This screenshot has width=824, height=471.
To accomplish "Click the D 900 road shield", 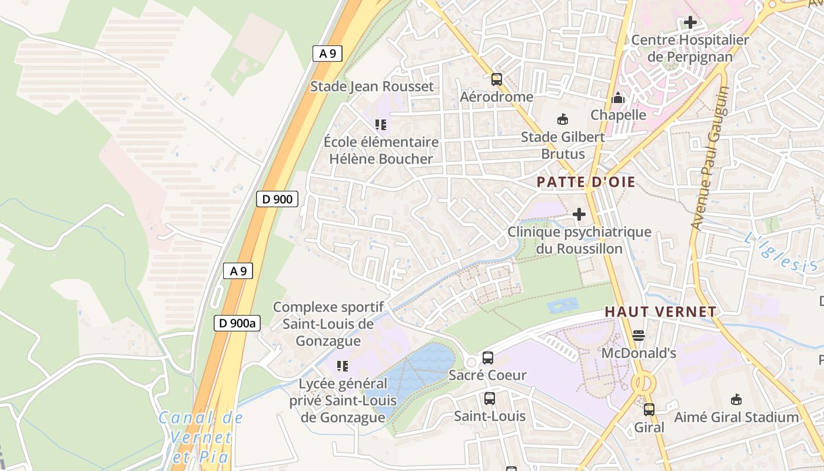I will [277, 199].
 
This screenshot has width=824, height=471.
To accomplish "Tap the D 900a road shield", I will [237, 323].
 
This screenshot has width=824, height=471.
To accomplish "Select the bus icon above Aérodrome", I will [497, 79].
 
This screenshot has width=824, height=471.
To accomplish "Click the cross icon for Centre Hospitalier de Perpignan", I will [690, 23].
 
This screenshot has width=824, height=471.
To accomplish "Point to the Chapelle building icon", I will [618, 98].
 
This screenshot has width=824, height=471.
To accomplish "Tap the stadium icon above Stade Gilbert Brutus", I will [563, 120].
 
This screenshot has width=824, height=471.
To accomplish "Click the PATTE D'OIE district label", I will [586, 182].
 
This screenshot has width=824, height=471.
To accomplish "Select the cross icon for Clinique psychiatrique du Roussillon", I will [579, 214].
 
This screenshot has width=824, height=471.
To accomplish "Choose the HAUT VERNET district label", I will [660, 312].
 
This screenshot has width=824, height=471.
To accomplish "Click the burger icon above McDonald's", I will [639, 336].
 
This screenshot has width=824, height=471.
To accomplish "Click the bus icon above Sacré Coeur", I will [487, 357].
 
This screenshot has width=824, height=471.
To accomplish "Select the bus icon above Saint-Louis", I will [490, 399].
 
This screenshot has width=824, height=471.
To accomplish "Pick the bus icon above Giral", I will [649, 410].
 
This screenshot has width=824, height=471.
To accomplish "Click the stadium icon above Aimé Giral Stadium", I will [736, 400].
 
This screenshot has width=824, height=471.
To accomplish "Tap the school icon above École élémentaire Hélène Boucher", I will [381, 125].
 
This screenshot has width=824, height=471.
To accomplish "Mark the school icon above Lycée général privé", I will [343, 366].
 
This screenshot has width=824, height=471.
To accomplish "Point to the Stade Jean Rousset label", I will [372, 87].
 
